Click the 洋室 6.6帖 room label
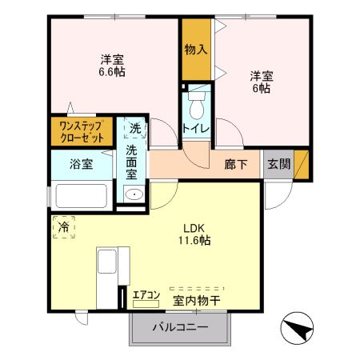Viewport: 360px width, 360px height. [x=113, y=65]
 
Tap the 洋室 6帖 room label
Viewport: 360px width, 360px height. [x=261, y=82]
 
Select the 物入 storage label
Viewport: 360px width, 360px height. [x=196, y=50]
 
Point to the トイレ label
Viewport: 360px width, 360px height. [x=196, y=129]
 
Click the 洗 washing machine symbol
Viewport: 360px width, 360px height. [x=135, y=127]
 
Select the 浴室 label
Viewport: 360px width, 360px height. [x=80, y=165]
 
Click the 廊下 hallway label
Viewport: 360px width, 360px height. [x=235, y=164]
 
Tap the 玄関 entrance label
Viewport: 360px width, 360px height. [x=279, y=164]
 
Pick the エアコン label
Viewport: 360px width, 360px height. [x=146, y=294]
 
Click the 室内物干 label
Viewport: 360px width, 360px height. [x=198, y=300]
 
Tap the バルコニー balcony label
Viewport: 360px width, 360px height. [x=180, y=328]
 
